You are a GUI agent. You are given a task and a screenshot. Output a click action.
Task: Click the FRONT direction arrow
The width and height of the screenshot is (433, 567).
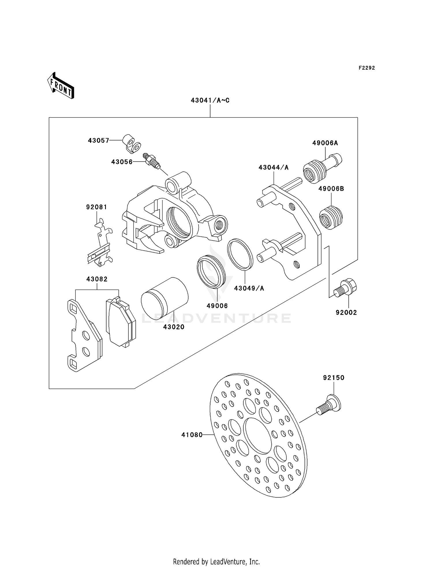click(x=61, y=86)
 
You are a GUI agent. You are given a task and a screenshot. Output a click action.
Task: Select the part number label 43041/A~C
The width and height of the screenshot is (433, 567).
click(x=210, y=101)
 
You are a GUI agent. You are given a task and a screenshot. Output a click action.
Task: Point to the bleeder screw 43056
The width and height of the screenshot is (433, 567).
click(x=151, y=161)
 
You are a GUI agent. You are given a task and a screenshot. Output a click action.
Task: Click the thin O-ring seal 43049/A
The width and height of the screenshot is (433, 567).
click(x=240, y=254)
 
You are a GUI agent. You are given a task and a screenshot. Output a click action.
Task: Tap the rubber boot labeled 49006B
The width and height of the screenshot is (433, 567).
click(x=331, y=218)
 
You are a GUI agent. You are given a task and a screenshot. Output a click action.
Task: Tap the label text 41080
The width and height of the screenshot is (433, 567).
click(x=192, y=435)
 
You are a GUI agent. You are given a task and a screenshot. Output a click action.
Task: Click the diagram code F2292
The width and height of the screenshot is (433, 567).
click(x=367, y=68)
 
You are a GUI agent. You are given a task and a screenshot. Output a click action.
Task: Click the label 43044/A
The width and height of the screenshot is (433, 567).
click(x=273, y=167)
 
